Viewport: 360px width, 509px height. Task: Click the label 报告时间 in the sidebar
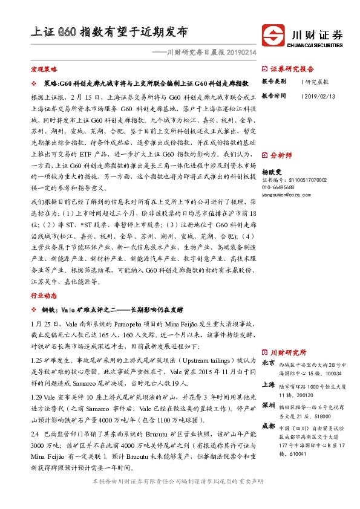coord(273,96)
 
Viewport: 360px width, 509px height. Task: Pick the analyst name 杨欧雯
coord(272,172)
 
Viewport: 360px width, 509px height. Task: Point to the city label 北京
coord(268,362)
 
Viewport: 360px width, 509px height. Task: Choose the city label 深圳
coord(268,404)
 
